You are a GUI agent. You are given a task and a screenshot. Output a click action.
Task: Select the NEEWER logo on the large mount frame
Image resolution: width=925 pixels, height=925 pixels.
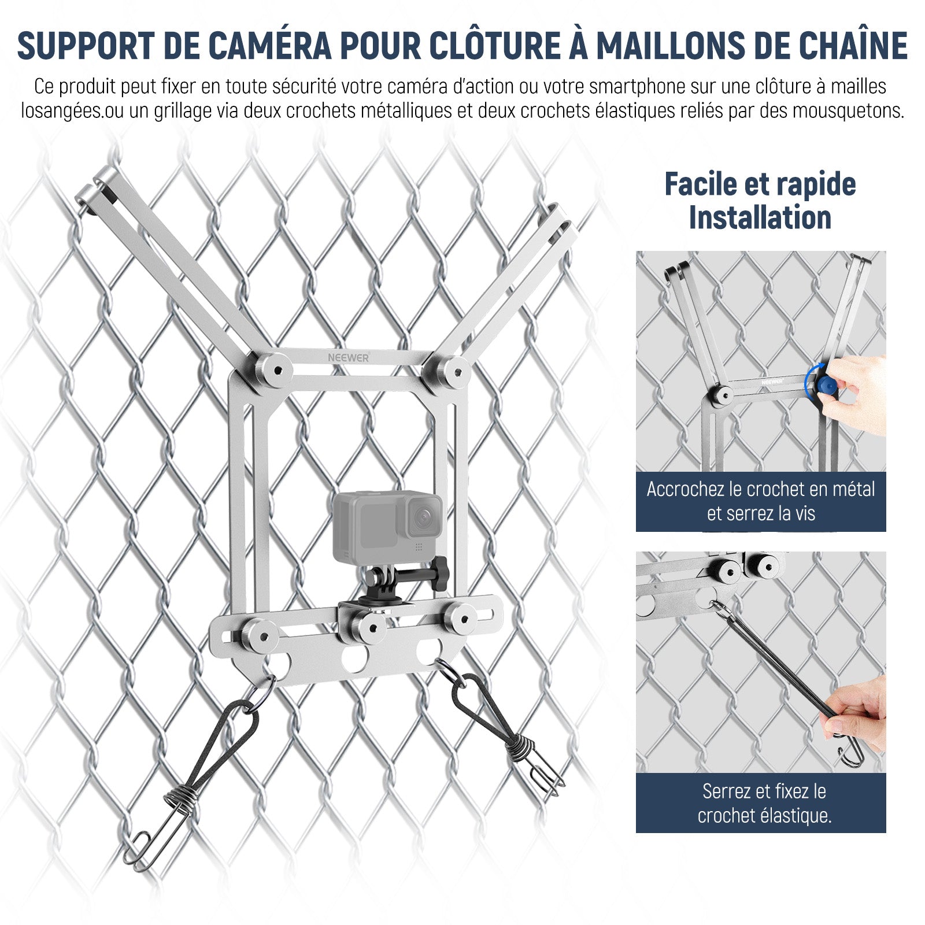coord(348,358)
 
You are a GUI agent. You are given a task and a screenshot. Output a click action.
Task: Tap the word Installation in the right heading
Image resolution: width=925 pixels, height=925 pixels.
coord(760,218)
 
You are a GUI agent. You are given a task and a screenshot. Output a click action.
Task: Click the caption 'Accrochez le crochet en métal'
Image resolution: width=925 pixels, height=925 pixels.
coord(760,489)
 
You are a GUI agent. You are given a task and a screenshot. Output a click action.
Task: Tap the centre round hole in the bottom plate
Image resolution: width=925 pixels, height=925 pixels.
coord(354,657)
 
